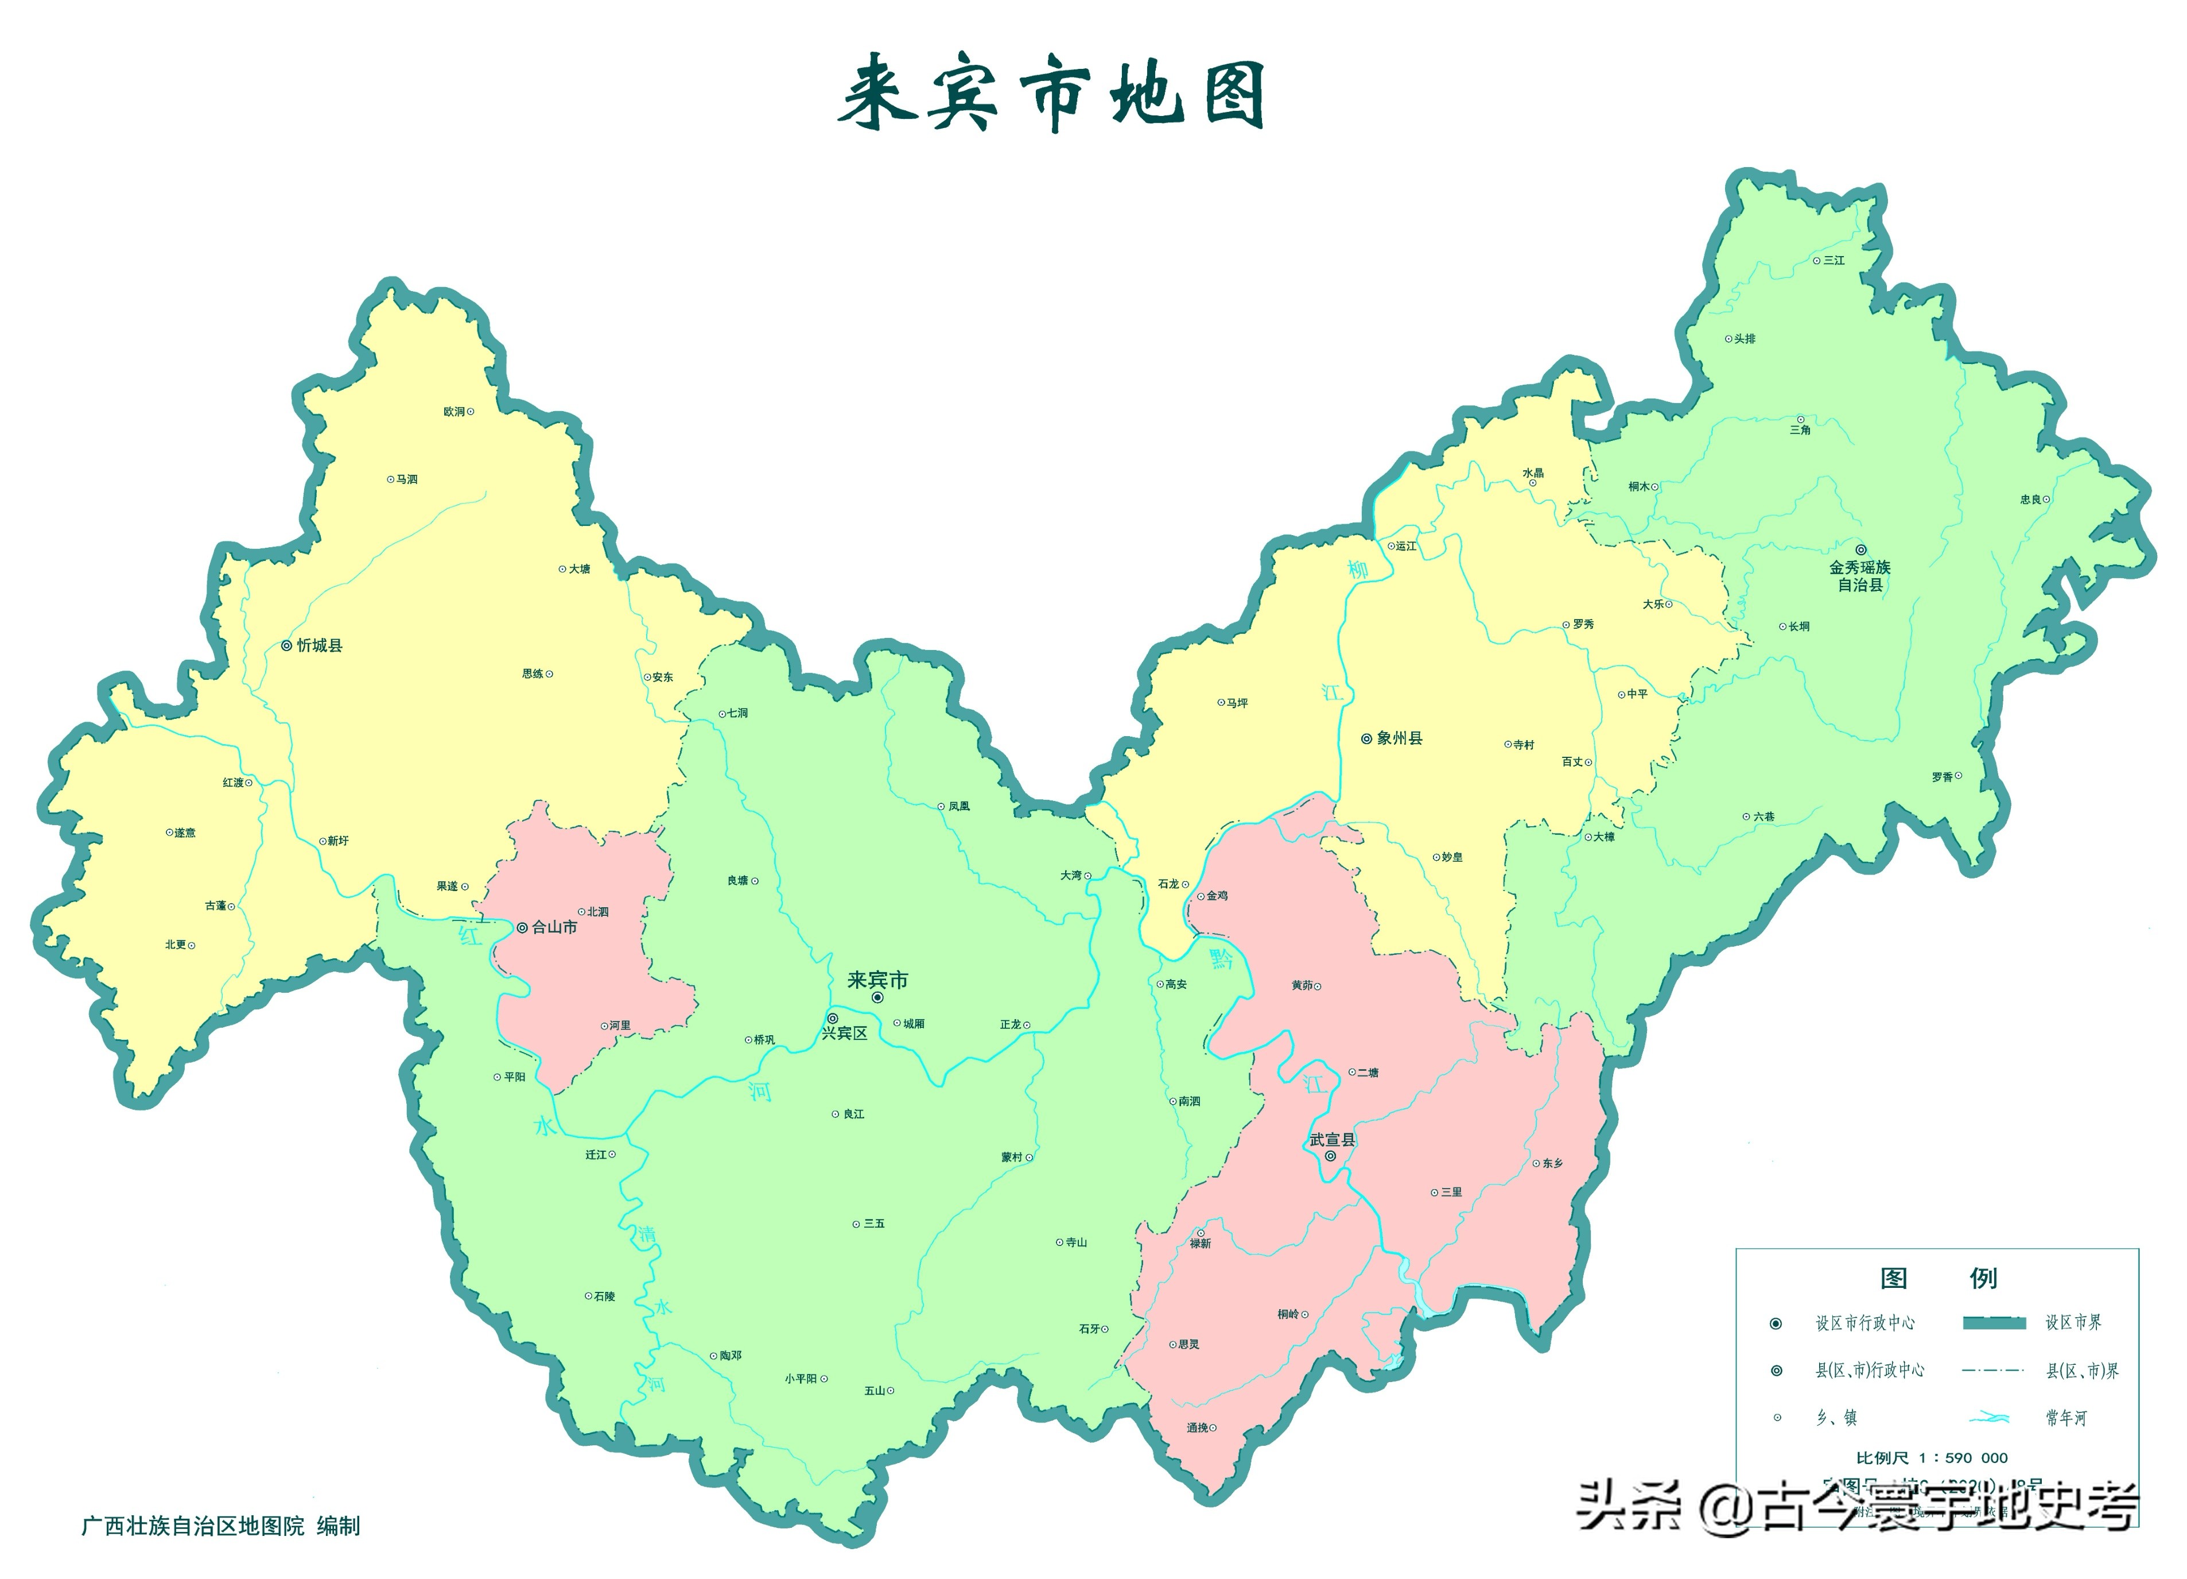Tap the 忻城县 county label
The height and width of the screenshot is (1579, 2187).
click(319, 645)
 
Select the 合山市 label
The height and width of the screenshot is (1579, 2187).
click(554, 927)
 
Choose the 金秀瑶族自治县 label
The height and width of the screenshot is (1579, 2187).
click(1859, 576)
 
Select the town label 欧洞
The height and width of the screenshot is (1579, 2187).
click(454, 412)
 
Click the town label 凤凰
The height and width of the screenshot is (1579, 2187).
click(958, 806)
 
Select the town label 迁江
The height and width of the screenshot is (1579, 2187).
click(596, 1155)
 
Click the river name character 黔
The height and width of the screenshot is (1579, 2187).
click(1222, 958)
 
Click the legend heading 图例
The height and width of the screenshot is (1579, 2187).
click(1938, 1278)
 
